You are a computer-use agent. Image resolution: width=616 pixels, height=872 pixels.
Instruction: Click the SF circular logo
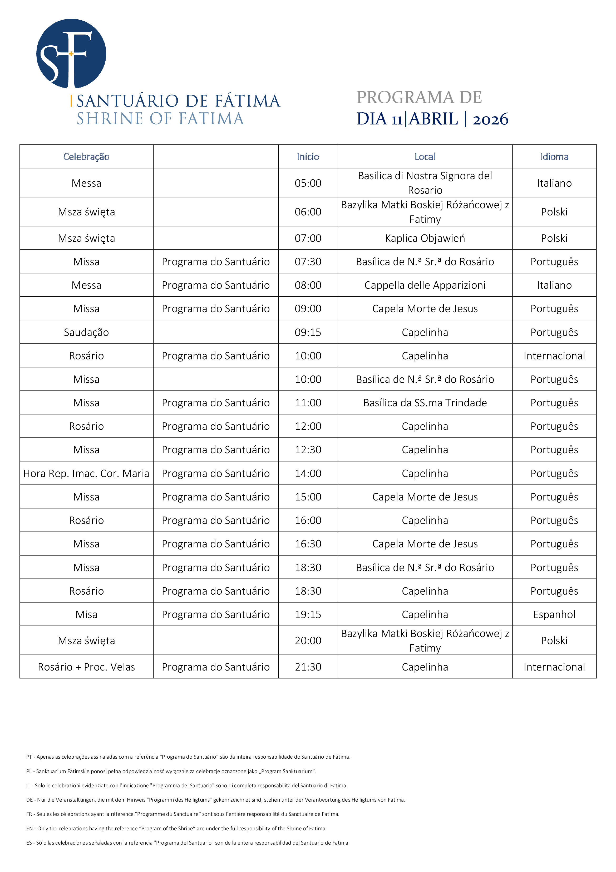coord(71,54)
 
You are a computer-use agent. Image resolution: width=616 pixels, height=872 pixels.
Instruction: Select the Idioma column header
coord(554,156)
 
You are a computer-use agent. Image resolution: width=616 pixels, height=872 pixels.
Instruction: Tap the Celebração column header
coord(86,156)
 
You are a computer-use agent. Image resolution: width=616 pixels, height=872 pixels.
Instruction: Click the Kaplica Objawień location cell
coord(425,238)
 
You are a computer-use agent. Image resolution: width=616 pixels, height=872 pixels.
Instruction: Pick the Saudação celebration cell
coord(86,332)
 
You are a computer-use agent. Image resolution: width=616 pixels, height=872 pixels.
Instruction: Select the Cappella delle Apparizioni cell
coord(425,285)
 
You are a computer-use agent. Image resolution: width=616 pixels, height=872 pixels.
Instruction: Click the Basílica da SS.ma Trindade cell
coord(425,403)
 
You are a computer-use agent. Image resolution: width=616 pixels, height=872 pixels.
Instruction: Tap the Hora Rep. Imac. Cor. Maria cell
coord(86,473)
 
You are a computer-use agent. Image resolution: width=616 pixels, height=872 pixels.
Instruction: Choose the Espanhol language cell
coord(554,614)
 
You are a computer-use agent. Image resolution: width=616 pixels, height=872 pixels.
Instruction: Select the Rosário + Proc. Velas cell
coord(86,667)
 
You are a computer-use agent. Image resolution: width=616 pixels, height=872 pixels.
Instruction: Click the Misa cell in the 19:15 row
coord(86,614)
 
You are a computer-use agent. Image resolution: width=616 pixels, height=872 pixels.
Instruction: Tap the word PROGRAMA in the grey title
coord(405,98)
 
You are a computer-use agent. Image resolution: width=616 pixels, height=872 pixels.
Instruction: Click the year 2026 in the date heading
coord(490,119)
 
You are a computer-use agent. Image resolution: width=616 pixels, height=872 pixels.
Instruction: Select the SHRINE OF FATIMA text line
coord(160,119)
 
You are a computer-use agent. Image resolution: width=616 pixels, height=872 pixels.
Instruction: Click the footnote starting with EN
coord(176,828)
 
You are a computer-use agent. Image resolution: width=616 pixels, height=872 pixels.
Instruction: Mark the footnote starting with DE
coord(215,799)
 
